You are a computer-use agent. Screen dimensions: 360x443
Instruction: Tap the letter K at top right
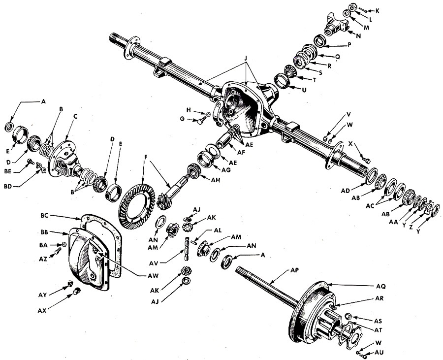377,10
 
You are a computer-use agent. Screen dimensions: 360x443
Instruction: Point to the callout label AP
295,270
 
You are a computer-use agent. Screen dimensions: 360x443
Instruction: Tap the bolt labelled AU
360,353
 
